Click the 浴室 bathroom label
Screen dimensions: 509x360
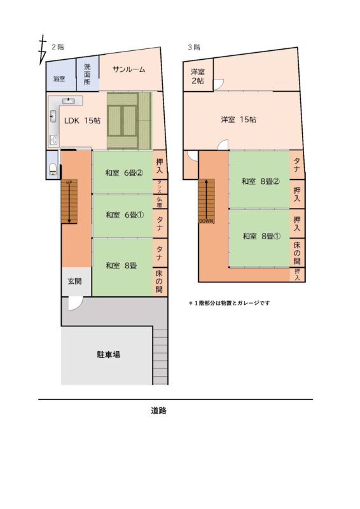(59, 79)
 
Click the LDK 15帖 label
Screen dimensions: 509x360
(83, 120)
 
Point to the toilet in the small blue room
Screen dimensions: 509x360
(53, 169)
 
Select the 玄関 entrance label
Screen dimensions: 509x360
(74, 281)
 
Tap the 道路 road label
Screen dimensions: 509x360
(158, 410)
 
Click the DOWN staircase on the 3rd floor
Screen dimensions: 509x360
(206, 200)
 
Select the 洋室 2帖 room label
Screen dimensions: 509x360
(197, 76)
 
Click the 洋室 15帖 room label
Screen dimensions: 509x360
(239, 120)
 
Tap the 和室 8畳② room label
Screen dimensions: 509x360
(260, 181)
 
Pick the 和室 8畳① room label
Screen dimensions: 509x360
(260, 236)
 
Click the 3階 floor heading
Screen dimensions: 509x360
(194, 46)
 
